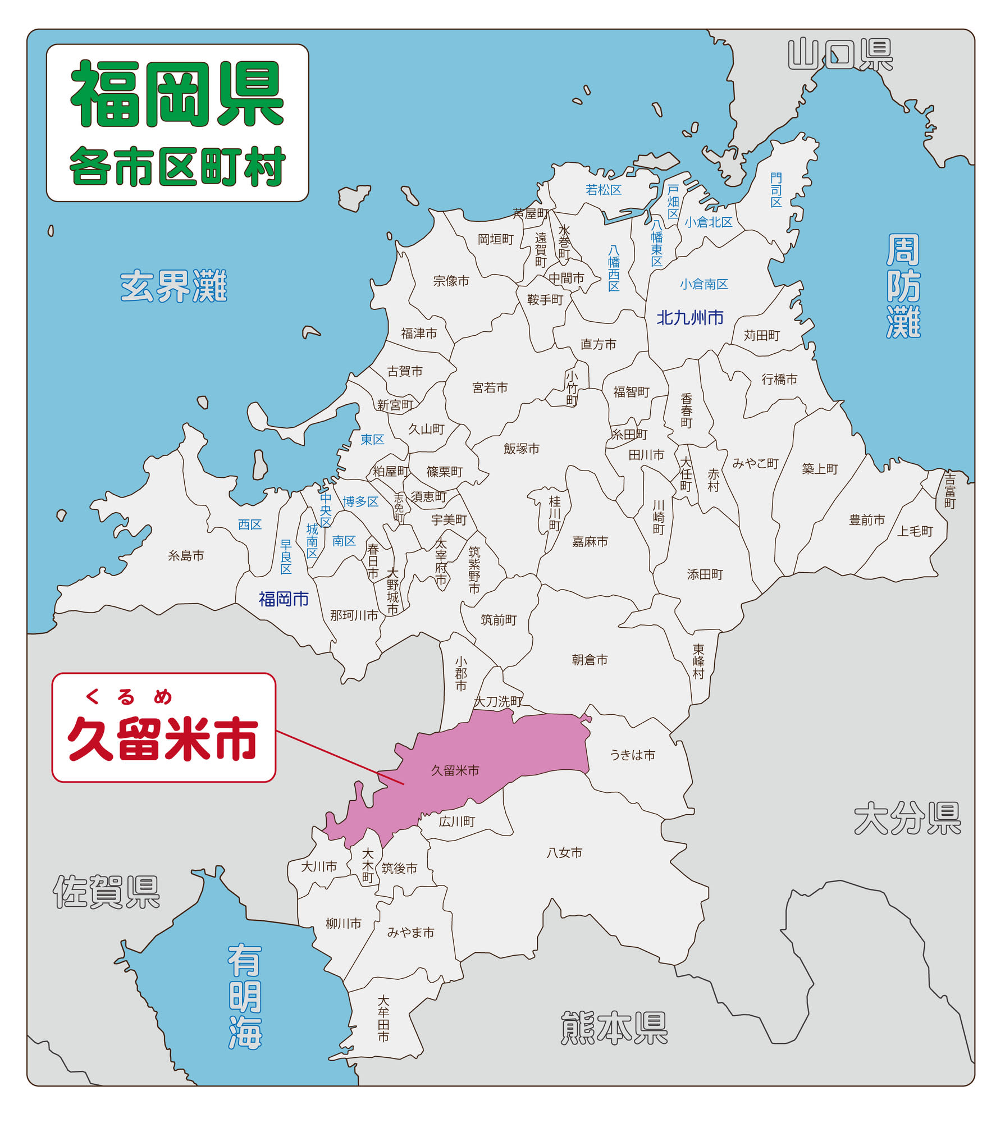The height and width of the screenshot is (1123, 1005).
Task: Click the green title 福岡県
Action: click(x=177, y=94)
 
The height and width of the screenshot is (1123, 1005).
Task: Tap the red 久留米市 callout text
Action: click(x=163, y=738)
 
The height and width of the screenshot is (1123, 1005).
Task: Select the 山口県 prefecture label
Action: click(x=840, y=54)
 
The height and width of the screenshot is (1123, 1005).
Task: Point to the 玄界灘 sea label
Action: click(x=173, y=286)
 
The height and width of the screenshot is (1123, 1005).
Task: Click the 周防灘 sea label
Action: click(x=903, y=286)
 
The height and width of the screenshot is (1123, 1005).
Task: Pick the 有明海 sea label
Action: click(x=245, y=997)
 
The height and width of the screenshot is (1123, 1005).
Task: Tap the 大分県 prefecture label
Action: click(x=907, y=819)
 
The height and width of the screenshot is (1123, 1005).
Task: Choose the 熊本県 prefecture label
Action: click(x=614, y=1028)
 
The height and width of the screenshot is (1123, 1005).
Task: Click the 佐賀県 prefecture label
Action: click(x=107, y=892)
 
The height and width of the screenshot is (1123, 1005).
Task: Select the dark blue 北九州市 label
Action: click(x=690, y=318)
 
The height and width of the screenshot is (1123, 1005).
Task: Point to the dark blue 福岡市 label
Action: click(x=284, y=599)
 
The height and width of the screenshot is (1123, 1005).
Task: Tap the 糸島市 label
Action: click(x=186, y=556)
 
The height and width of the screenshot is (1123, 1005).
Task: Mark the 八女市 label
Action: click(x=564, y=852)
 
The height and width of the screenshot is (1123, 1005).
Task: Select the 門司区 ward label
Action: click(x=776, y=190)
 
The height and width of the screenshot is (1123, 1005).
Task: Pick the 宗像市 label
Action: click(x=451, y=281)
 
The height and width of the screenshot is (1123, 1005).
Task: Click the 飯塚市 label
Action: click(x=522, y=449)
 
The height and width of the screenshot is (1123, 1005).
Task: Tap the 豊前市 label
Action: click(x=867, y=520)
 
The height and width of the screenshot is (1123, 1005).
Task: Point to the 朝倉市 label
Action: click(x=590, y=660)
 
